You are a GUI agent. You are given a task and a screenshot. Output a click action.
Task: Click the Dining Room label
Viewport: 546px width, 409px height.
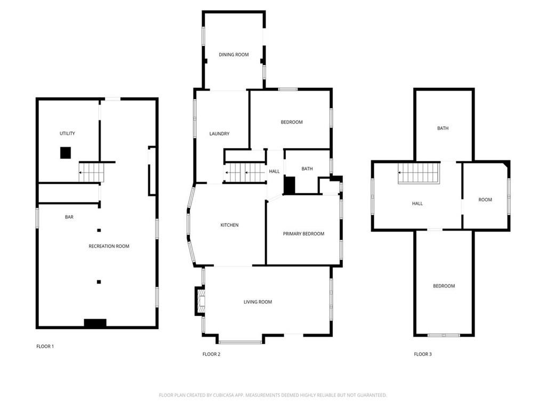tap(234, 55)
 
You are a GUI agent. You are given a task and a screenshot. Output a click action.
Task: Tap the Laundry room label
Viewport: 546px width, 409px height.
tap(219, 134)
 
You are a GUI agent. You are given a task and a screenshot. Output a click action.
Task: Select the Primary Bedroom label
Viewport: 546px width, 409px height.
tap(303, 234)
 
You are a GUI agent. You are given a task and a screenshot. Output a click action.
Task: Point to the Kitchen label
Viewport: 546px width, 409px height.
tap(229, 225)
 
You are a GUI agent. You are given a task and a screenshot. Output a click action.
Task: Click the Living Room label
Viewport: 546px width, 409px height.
tap(258, 302)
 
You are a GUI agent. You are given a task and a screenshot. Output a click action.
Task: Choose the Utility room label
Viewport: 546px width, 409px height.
tap(67, 133)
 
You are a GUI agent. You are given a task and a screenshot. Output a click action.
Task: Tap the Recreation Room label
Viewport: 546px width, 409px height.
tap(109, 246)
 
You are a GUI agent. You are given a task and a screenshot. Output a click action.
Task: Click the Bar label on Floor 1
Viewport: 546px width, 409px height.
tap(69, 217)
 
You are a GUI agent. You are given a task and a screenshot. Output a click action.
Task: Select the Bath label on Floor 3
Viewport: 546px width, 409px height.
tap(443, 128)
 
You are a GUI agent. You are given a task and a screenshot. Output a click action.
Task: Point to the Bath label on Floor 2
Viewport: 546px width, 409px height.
tap(307, 169)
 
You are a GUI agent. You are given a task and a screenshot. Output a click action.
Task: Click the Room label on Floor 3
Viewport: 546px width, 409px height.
tap(485, 200)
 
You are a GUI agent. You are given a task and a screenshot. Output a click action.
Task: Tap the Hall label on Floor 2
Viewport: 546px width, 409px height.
tap(274, 171)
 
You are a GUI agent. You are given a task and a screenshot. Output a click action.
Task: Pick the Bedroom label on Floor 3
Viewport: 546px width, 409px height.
tap(444, 286)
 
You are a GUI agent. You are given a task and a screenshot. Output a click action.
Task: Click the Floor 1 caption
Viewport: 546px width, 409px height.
tap(45, 346)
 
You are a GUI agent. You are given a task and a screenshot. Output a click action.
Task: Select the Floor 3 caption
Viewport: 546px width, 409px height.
tap(423, 354)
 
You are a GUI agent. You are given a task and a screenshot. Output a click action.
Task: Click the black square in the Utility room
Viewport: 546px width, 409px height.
tap(66, 153)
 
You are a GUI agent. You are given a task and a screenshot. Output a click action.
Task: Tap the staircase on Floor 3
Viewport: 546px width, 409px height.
tap(419, 173)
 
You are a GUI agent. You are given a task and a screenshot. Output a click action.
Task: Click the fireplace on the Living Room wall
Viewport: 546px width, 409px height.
tap(200, 301)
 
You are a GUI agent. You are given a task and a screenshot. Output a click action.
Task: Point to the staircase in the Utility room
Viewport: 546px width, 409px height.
tap(92, 172)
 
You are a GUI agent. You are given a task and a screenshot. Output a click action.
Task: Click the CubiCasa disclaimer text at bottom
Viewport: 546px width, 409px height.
tap(272, 395)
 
